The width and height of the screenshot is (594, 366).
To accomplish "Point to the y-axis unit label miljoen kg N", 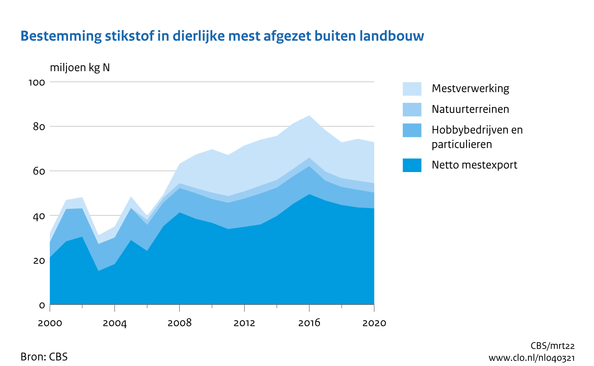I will click(x=80, y=68).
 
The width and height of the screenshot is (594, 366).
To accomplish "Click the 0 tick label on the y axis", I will click(x=42, y=305).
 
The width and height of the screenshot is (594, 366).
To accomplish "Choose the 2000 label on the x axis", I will click(x=50, y=323).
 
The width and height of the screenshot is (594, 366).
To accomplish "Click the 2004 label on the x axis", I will click(x=115, y=323).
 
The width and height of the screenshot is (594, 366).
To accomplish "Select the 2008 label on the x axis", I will click(x=179, y=323).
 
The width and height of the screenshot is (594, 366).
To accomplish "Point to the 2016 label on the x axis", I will click(x=309, y=323).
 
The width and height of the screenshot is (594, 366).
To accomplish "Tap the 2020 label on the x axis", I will click(x=374, y=323).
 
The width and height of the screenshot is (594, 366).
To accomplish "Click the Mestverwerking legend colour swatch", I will click(x=412, y=89).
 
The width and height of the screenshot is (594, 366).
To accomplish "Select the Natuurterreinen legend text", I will click(x=470, y=109).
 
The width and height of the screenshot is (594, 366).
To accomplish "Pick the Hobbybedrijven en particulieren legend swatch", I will click(x=412, y=130).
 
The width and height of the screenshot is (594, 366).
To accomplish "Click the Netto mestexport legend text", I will click(x=474, y=165).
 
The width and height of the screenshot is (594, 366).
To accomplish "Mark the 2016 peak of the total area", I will click(x=309, y=116).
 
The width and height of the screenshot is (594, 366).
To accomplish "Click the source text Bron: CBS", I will click(x=44, y=357).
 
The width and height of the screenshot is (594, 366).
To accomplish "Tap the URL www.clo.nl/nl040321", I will click(x=531, y=358).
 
